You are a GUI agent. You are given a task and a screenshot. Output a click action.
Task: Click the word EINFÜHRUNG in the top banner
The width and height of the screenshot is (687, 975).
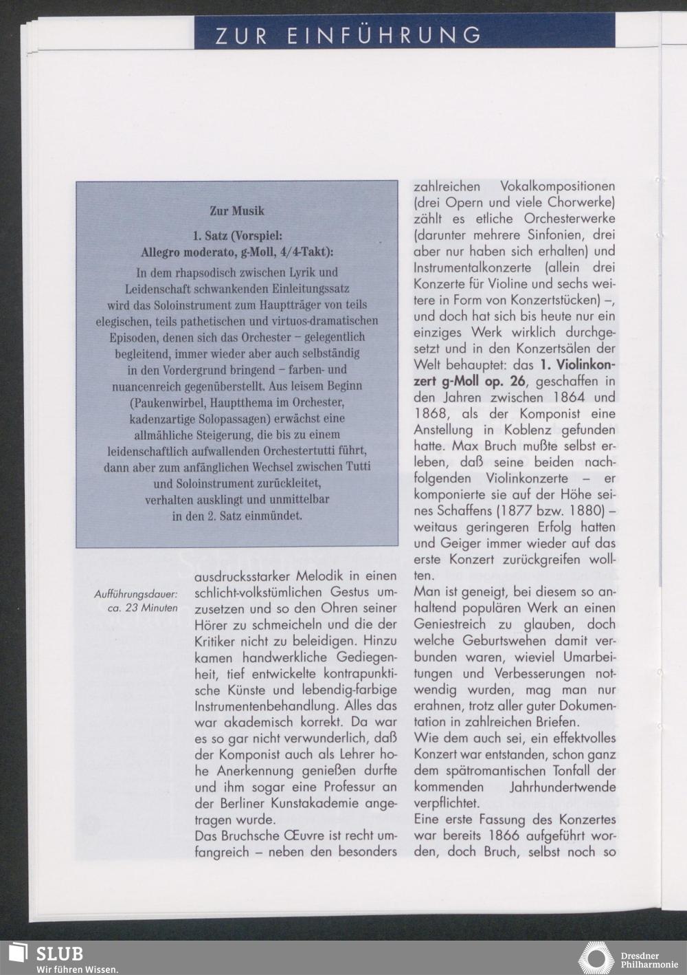click(x=385, y=34)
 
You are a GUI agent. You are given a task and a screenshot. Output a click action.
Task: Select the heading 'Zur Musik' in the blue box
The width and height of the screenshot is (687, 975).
click(x=237, y=210)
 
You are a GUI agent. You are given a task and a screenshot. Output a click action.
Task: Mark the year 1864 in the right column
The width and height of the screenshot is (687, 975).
click(x=561, y=398)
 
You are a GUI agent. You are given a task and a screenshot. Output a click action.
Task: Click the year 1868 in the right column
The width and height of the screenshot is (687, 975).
click(x=434, y=415)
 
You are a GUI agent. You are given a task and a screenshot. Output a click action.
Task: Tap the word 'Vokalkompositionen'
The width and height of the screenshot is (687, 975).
click(x=557, y=186)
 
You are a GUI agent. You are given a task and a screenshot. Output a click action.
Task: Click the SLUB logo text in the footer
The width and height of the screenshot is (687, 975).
click(x=60, y=954)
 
